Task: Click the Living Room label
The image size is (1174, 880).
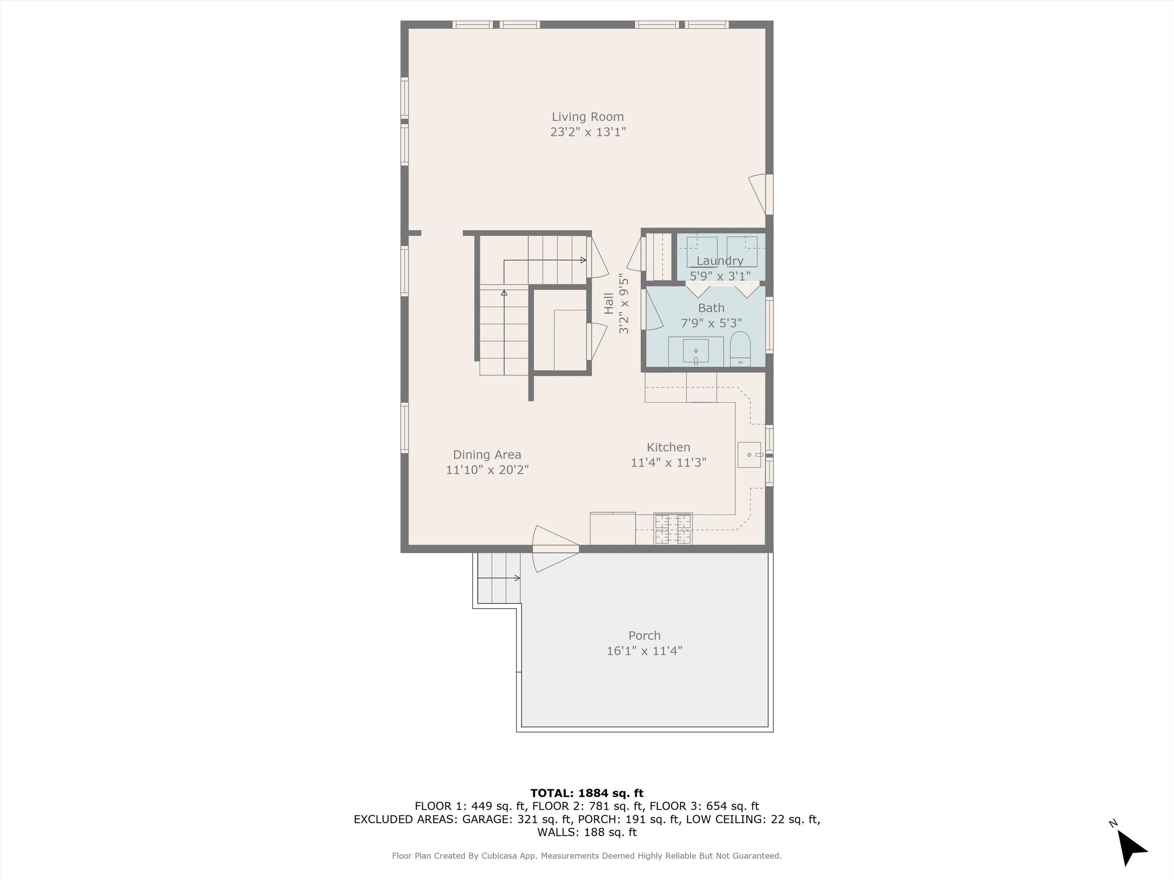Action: pyautogui.click(x=587, y=117)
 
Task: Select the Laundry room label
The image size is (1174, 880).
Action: pyautogui.click(x=720, y=261)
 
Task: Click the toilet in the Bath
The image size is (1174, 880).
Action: pyautogui.click(x=740, y=349)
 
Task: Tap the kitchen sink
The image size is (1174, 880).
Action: pyautogui.click(x=749, y=455)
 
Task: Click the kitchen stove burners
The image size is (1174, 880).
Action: pyautogui.click(x=673, y=528)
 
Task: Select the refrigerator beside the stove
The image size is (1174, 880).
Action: pyautogui.click(x=613, y=528)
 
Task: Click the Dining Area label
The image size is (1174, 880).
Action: pyautogui.click(x=487, y=455)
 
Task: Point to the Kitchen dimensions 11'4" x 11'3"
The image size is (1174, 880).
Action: pyautogui.click(x=668, y=463)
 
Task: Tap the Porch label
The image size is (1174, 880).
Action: pyautogui.click(x=644, y=636)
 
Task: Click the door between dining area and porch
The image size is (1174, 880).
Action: pyautogui.click(x=555, y=549)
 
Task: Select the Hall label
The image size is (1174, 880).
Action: pyautogui.click(x=609, y=303)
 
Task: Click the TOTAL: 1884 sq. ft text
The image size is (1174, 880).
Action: pyautogui.click(x=587, y=793)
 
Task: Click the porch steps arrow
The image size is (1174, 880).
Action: pyautogui.click(x=499, y=578)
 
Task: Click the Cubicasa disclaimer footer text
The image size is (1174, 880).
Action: pyautogui.click(x=587, y=856)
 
